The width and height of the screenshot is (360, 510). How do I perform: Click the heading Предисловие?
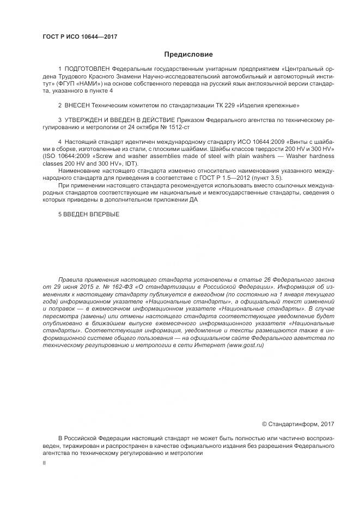(x=188, y=54)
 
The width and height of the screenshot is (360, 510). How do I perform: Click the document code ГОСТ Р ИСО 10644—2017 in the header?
(x=80, y=37)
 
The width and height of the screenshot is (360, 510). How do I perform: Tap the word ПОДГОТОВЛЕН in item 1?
(x=87, y=69)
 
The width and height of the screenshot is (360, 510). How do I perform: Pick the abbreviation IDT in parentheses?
(x=130, y=163)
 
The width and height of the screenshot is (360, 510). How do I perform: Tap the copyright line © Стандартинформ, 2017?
(x=298, y=423)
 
